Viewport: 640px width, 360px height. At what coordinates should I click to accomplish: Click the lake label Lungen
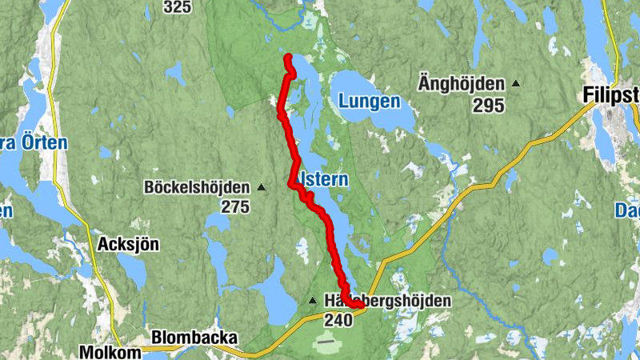tap(369, 102)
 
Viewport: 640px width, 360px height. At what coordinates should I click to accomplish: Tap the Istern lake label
tap(323, 180)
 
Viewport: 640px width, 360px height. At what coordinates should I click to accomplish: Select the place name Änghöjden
tap(462, 84)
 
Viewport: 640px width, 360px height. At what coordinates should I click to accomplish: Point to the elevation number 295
tap(488, 106)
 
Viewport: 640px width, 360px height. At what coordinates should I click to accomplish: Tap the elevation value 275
tap(235, 208)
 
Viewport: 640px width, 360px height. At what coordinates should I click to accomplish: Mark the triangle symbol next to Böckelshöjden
tap(261, 188)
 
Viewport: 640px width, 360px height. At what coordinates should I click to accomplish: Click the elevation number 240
tap(338, 320)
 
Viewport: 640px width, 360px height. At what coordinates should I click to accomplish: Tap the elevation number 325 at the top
tap(177, 7)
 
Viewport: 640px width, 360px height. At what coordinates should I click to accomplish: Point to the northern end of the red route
tap(288, 56)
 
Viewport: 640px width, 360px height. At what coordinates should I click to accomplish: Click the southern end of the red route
tap(362, 304)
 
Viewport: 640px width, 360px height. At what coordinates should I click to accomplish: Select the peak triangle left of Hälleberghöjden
tap(313, 301)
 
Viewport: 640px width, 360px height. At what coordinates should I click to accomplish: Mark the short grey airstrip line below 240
tap(326, 342)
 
